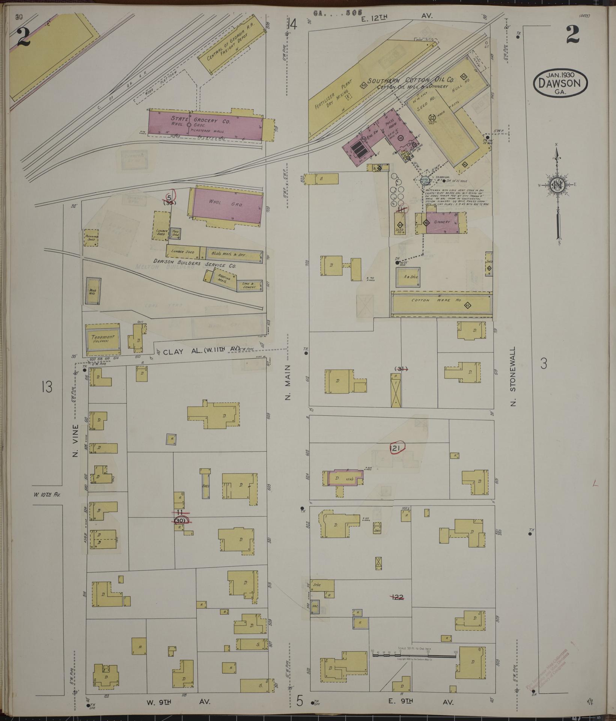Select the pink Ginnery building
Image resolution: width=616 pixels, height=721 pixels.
441,222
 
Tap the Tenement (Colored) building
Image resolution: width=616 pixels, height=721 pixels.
102,339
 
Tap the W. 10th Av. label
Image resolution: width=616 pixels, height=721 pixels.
47,495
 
